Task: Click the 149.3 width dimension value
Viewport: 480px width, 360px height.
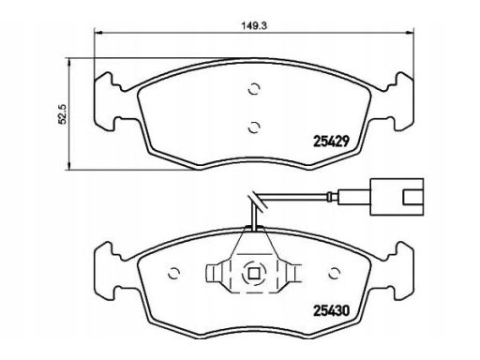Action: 254,25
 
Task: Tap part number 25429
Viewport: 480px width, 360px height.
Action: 331,142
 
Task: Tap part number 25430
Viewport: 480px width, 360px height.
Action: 331,310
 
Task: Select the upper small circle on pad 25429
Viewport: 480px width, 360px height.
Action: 254,89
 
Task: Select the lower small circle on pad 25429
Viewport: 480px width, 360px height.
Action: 254,127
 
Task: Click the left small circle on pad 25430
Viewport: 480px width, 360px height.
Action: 174,274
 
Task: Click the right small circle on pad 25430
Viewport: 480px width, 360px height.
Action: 335,274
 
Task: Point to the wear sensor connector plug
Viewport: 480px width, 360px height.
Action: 397,197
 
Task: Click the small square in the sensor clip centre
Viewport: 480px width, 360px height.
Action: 254,274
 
